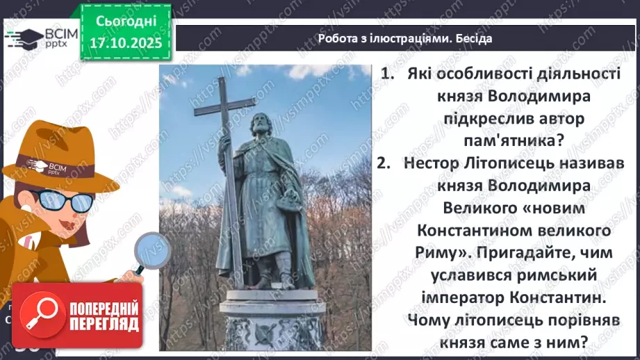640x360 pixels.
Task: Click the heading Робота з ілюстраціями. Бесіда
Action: click(405, 38)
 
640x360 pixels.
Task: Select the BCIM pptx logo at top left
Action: click(35, 38)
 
